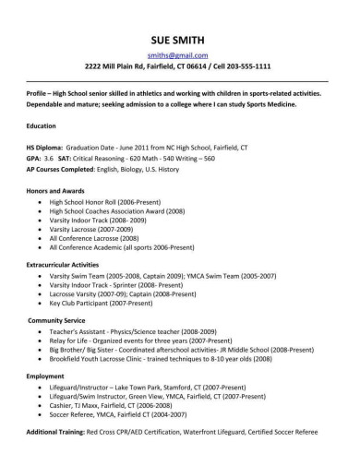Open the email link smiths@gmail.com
(179, 56)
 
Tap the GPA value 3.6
(60, 158)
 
